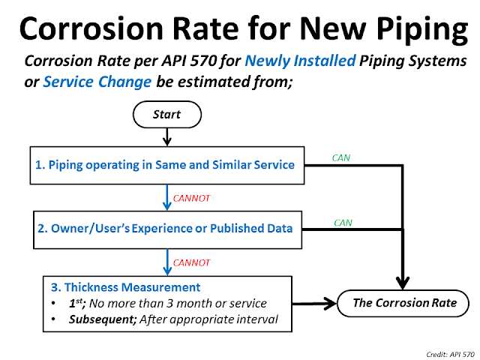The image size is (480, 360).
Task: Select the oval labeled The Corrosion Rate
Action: point(404,303)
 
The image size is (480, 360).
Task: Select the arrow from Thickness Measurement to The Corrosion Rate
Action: point(313,304)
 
